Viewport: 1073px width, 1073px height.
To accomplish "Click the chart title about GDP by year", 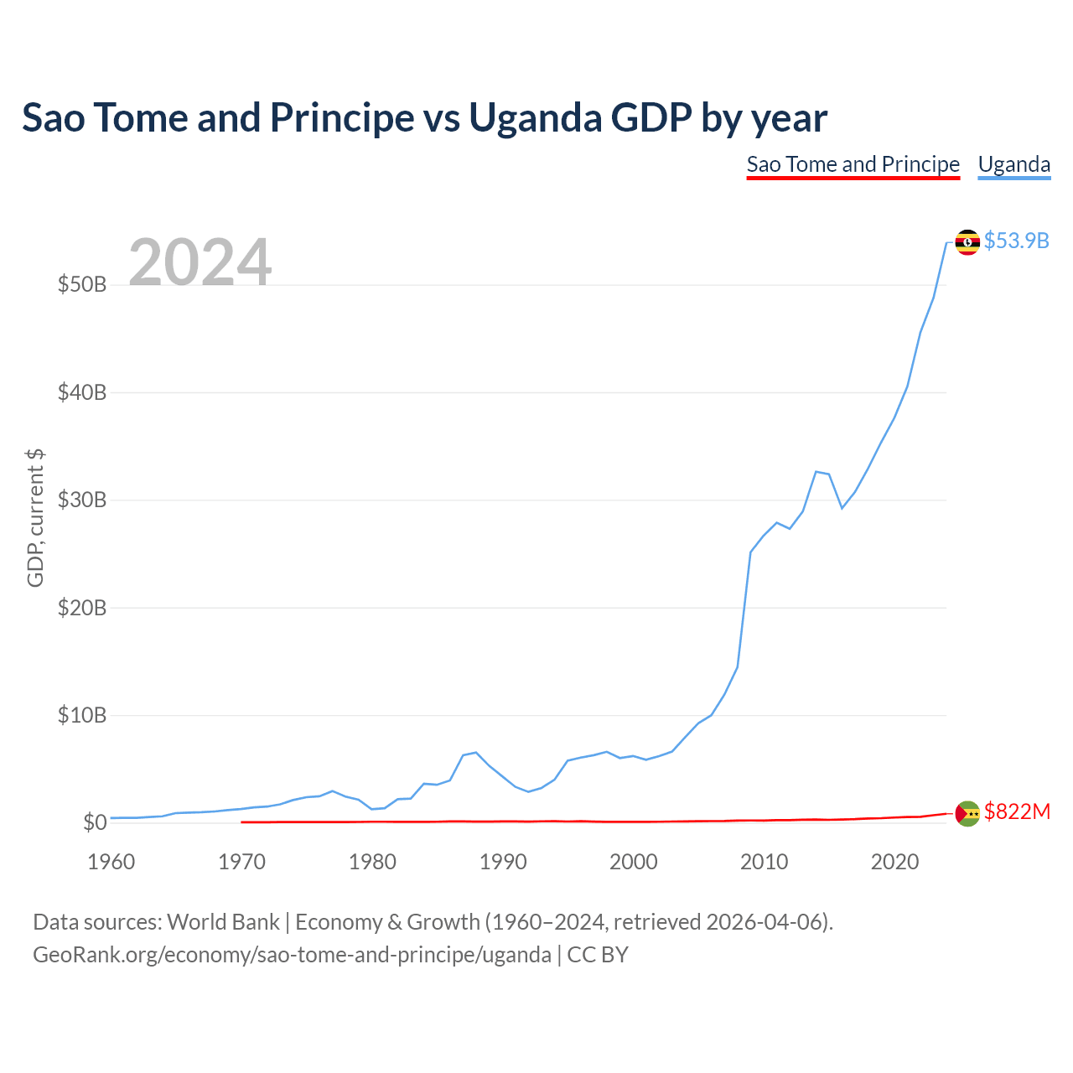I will click(x=424, y=118).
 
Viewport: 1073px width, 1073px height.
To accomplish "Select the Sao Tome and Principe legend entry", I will click(x=853, y=164).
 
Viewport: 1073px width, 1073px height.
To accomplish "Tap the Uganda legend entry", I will click(x=1013, y=164).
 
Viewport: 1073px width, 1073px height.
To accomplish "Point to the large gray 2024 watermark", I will click(x=200, y=262).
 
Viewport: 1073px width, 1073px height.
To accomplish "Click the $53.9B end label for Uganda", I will click(x=1016, y=241).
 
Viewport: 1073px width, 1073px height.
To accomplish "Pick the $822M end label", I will click(x=1016, y=811).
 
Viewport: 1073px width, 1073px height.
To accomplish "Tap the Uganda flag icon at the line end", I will click(x=967, y=242).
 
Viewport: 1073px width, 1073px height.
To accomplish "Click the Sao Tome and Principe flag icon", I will click(x=967, y=812).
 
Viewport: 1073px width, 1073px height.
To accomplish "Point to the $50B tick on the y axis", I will click(x=82, y=285).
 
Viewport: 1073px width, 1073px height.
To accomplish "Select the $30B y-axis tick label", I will click(x=82, y=500).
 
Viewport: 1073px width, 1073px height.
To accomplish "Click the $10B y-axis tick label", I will click(x=82, y=715).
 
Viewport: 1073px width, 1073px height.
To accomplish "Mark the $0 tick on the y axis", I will click(x=95, y=822).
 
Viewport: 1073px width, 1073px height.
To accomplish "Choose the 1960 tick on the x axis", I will click(x=111, y=862).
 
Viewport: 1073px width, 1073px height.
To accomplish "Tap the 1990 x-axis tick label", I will click(x=503, y=862).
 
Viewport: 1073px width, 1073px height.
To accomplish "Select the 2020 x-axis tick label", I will click(x=894, y=862).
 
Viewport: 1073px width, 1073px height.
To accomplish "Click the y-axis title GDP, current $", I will click(x=35, y=517).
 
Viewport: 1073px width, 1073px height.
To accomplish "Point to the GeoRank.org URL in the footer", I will click(x=292, y=955).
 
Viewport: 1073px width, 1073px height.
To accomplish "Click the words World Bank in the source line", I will click(x=223, y=922).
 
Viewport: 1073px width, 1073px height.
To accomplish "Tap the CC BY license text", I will click(x=598, y=955).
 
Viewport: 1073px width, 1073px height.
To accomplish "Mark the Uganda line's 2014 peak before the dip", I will click(x=816, y=472).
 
